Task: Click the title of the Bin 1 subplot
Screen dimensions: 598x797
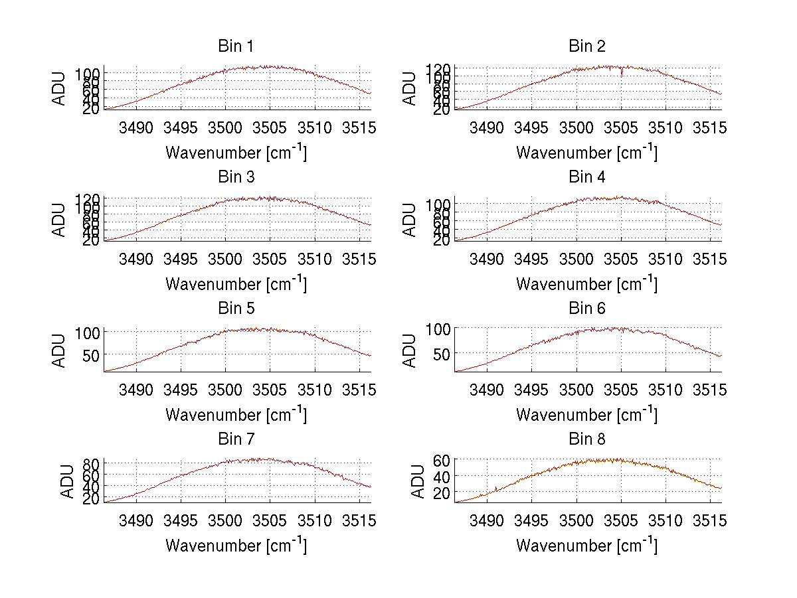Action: pos(236,46)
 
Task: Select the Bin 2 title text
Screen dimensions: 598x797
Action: pos(586,46)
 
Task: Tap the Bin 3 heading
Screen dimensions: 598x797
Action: pos(236,177)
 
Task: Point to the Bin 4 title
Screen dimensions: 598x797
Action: pos(586,177)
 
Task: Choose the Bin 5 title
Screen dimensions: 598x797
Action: pos(236,309)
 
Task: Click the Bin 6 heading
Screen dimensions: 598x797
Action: pos(586,309)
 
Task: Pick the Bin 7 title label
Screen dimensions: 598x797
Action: pos(236,439)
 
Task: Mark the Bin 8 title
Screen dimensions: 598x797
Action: pos(586,439)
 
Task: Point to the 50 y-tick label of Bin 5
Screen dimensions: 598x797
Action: pos(91,354)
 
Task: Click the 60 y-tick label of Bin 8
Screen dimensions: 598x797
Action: pos(442,460)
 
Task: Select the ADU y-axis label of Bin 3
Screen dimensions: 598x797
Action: pos(60,220)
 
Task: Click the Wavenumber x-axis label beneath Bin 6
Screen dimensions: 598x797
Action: pos(586,414)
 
